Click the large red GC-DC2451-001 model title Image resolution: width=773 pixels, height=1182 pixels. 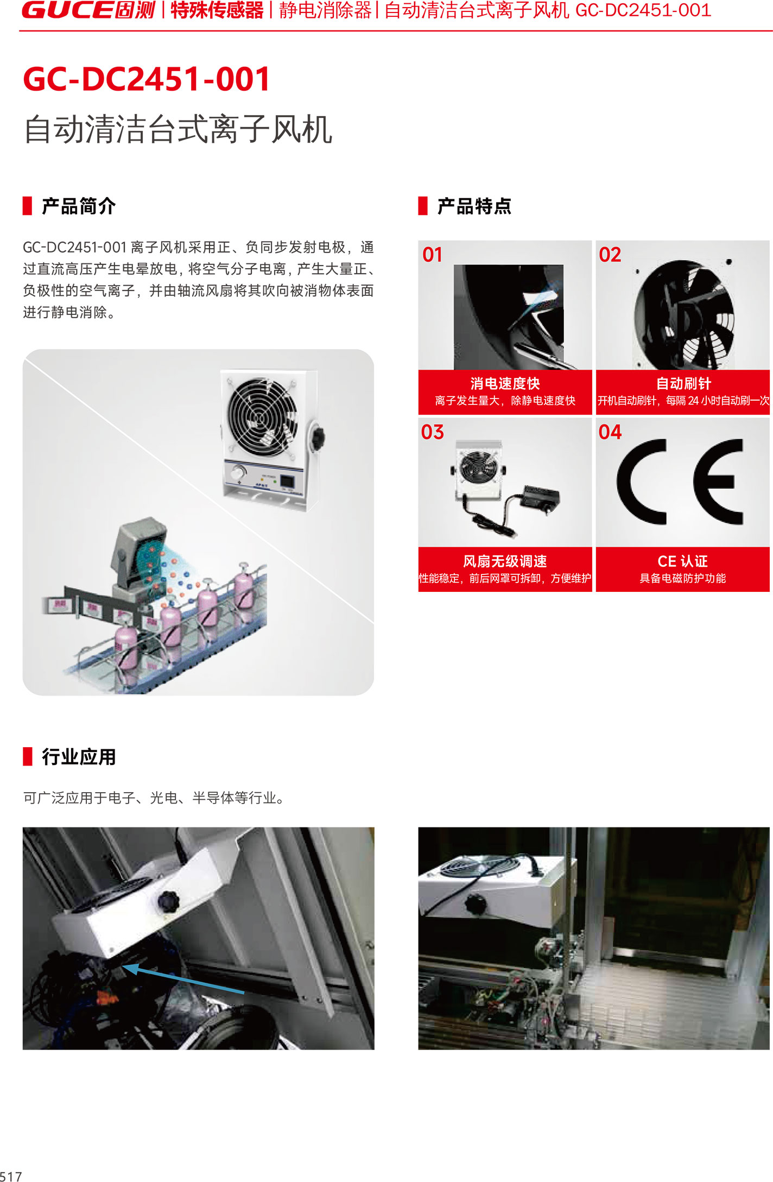[147, 79]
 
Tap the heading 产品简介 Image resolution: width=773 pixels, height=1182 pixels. [79, 206]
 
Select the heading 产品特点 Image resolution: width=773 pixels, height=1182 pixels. [474, 206]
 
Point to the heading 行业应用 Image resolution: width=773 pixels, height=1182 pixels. [79, 757]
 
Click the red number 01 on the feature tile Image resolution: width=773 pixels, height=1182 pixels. [433, 255]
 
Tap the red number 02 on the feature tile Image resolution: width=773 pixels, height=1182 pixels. [610, 255]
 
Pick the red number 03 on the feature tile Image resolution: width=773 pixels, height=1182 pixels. [433, 432]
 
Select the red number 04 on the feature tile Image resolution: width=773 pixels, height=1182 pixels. [610, 432]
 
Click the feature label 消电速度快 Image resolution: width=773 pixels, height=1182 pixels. [505, 383]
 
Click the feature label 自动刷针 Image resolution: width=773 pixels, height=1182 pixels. [683, 383]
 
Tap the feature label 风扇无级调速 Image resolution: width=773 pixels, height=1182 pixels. [505, 561]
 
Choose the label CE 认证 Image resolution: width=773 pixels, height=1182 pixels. [683, 561]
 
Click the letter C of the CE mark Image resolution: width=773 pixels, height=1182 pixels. [630, 482]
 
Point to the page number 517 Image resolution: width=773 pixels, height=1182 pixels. [11, 1176]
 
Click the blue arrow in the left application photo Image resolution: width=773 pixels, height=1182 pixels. [183, 978]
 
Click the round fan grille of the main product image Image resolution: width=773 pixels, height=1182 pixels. [262, 416]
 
